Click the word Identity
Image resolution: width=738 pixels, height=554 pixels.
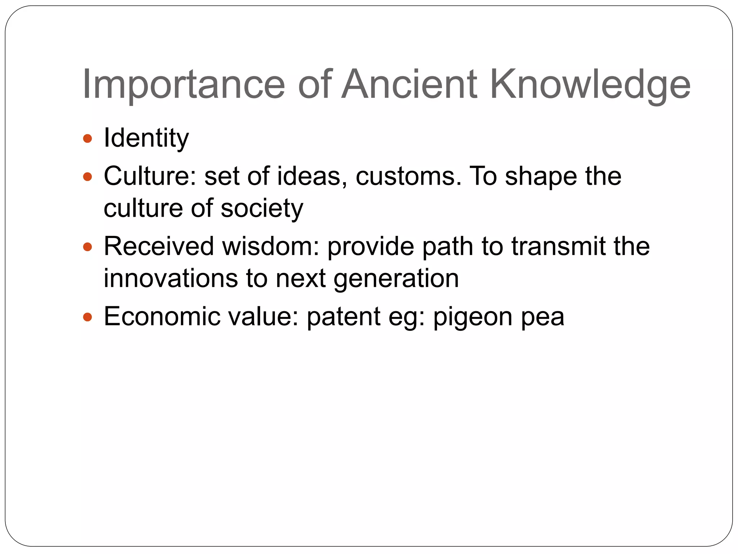146,138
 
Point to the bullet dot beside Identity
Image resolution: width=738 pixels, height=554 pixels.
88,138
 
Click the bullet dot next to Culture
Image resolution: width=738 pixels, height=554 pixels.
88,177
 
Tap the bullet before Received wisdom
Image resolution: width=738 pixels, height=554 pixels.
88,247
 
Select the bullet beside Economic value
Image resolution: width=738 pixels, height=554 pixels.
88,317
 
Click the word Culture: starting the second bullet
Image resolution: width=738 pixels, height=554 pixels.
150,177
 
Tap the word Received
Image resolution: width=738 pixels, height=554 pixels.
159,247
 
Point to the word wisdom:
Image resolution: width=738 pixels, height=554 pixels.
271,247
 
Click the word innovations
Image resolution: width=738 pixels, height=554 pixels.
171,278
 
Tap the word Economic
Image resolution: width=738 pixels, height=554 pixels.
162,317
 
